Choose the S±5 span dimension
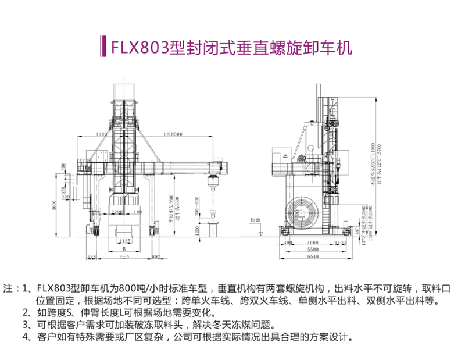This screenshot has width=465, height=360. pyautogui.click(x=123, y=255)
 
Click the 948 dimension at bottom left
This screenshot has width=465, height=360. pyautogui.click(x=91, y=255)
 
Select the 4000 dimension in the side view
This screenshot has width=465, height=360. pyautogui.click(x=313, y=241)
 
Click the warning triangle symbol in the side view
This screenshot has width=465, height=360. pyautogui.click(x=285, y=156)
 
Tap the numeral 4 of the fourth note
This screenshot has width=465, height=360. pyautogui.click(x=25, y=336)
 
